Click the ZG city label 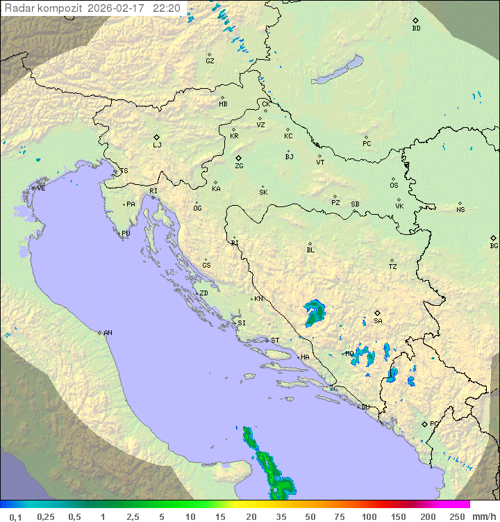(239, 166)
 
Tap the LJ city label (157, 145)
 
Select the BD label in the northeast (416, 28)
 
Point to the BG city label (494, 245)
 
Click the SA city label (378, 321)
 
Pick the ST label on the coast (275, 341)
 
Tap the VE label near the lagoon (41, 188)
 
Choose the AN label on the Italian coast (108, 333)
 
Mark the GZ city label (210, 61)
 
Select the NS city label (460, 210)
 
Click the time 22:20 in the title (167, 8)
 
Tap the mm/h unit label (483, 516)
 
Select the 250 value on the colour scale (457, 516)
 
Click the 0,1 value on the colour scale (15, 516)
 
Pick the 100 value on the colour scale (369, 516)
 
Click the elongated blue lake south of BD (339, 70)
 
